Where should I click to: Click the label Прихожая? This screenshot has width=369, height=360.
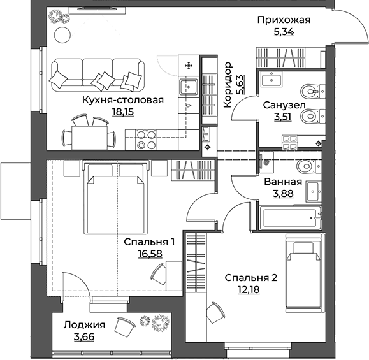[x=284, y=20]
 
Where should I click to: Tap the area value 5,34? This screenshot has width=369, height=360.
[x=284, y=31]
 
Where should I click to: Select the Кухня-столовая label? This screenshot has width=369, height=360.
[x=123, y=100]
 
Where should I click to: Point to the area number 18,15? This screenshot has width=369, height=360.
[x=123, y=112]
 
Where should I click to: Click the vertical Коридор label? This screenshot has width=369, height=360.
[x=228, y=85]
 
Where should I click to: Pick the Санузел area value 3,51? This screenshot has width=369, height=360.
[x=282, y=117]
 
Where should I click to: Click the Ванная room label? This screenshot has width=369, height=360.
[x=283, y=182]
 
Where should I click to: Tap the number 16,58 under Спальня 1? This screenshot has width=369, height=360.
[x=150, y=254]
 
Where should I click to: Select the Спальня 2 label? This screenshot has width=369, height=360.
[x=251, y=278]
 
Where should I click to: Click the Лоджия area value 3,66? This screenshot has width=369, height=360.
[x=84, y=336]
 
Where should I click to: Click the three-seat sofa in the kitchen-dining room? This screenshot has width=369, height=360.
[x=98, y=75]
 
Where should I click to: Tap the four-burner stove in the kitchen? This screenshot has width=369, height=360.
[x=147, y=140]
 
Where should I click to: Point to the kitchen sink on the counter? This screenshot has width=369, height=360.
[x=189, y=87]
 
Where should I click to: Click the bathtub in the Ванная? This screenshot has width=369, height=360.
[x=290, y=218]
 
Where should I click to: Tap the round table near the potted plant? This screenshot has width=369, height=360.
[x=62, y=35]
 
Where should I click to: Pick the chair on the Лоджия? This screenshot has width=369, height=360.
[x=124, y=328]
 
